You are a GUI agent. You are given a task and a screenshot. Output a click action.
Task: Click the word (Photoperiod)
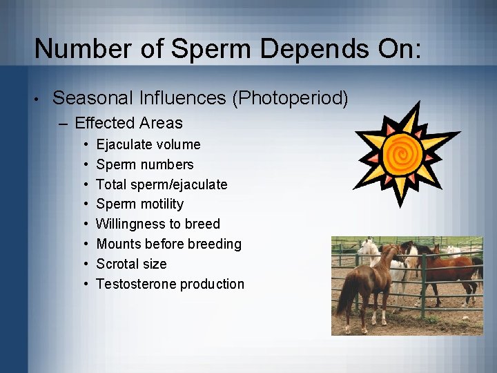pyautogui.click(x=290, y=99)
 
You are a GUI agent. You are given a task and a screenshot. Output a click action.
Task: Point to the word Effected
pyautogui.click(x=104, y=124)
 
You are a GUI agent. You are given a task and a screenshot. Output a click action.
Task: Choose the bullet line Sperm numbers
pyautogui.click(x=145, y=164)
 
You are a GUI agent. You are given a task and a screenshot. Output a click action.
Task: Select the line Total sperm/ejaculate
pyautogui.click(x=162, y=184)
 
